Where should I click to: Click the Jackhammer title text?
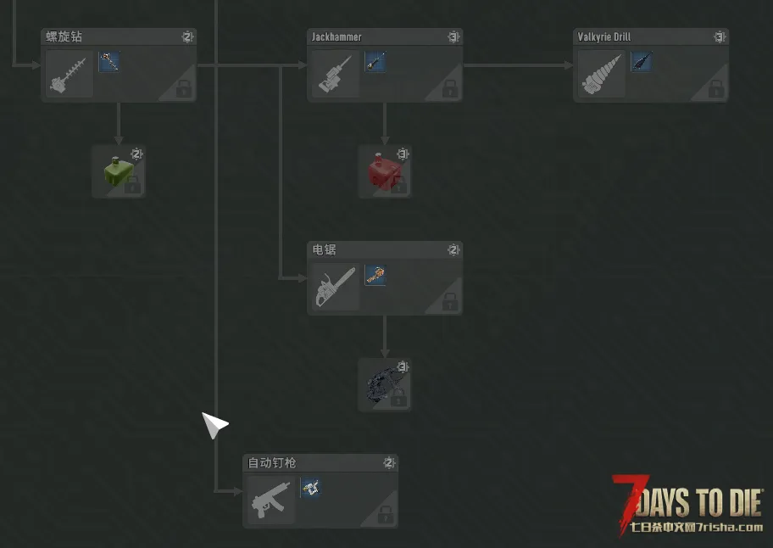[x=336, y=37]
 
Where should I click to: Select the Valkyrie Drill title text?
[x=603, y=37]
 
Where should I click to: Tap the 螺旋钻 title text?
[x=64, y=36]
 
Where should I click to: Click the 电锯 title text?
[x=324, y=249]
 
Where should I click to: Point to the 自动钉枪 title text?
[x=271, y=462]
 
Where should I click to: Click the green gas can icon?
[x=119, y=171]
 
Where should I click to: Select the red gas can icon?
[x=384, y=171]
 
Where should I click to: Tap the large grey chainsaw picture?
[x=335, y=287]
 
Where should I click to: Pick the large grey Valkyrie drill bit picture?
[x=602, y=75]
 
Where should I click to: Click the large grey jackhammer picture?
[x=335, y=74]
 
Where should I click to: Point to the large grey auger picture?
[x=69, y=75]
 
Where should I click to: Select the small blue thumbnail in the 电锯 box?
[x=375, y=275]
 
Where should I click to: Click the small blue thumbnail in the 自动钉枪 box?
[x=310, y=488]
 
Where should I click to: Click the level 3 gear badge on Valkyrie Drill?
[x=720, y=37]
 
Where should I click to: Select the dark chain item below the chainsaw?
[x=384, y=384]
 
